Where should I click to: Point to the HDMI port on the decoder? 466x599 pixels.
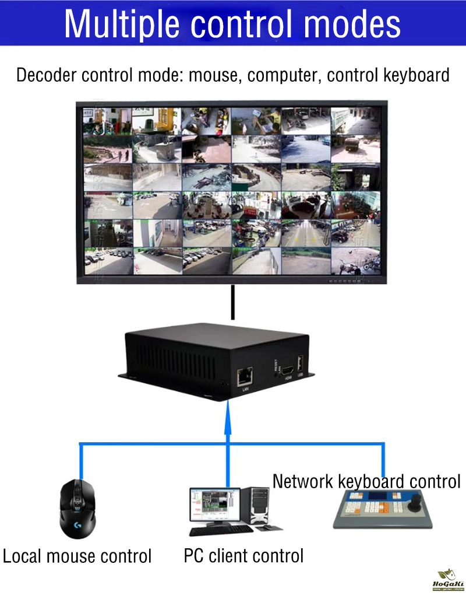[288, 370]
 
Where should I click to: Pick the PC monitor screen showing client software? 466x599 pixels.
[214, 505]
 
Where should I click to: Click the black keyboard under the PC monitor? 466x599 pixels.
[221, 530]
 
